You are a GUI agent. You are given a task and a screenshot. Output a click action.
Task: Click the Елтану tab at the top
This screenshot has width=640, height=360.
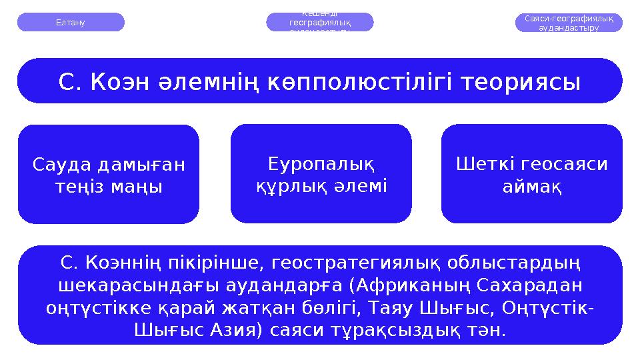(71, 22)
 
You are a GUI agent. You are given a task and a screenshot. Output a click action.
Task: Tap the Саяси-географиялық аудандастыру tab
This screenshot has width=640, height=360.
(569, 23)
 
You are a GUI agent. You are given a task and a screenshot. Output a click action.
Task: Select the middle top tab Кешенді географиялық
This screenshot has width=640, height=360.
(320, 22)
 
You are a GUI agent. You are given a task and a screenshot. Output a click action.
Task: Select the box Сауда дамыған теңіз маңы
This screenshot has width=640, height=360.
(109, 175)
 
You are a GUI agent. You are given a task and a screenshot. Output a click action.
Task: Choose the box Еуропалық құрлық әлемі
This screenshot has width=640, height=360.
(321, 174)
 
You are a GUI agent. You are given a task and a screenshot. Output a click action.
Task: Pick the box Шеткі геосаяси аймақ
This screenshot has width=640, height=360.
(531, 174)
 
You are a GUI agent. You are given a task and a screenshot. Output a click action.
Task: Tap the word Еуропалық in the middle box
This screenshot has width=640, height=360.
(321, 163)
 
